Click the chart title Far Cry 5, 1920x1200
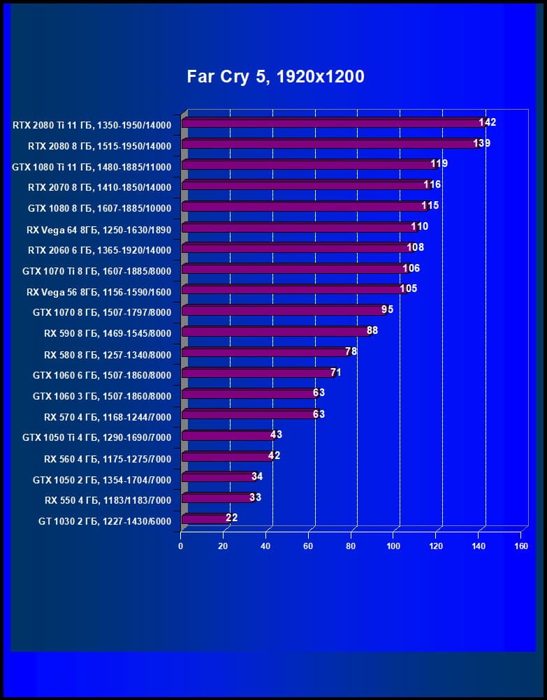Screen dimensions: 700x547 (275, 77)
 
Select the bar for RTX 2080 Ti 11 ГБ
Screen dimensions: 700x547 (332, 123)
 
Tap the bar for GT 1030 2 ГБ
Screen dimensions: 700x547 (204, 519)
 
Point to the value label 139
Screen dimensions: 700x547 (482, 143)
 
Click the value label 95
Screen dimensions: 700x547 (387, 309)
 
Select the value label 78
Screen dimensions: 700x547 (351, 351)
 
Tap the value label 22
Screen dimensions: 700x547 (232, 518)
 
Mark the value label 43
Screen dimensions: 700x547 (276, 435)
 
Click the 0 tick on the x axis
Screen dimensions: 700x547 (181, 546)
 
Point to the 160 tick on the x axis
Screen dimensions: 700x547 (520, 546)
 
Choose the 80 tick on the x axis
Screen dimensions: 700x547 (351, 546)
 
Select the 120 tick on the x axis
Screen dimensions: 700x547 (435, 546)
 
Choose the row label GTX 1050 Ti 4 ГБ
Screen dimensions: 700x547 (96, 439)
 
